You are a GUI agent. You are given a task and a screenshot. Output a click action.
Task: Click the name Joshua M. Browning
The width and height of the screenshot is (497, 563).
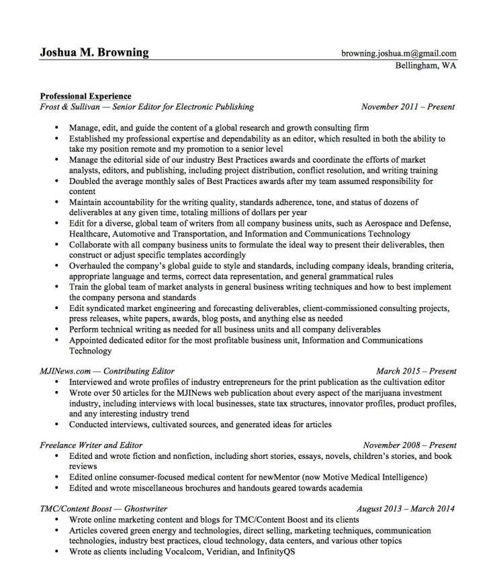coord(94,52)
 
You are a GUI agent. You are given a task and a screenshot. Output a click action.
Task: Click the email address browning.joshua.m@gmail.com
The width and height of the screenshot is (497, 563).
coord(398,53)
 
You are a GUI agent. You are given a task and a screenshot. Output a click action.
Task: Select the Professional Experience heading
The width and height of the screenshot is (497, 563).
coord(85,96)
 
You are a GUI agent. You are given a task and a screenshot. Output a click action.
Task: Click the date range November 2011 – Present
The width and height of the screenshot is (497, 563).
coord(408,106)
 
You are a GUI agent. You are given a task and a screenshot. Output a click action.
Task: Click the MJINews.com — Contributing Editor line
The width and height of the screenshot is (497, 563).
coord(107,370)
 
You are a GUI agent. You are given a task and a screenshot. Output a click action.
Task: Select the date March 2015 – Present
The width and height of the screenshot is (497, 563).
coord(416,370)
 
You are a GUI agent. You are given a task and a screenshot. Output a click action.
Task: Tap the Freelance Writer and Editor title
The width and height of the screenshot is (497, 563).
coord(91,445)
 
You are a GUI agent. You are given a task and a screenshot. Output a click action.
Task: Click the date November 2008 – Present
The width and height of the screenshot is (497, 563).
coord(409,445)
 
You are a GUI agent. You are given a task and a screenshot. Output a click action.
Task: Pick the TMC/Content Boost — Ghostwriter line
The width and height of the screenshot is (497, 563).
coord(103,509)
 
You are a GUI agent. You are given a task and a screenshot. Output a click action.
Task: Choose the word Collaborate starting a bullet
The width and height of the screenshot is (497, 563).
coord(92,245)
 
